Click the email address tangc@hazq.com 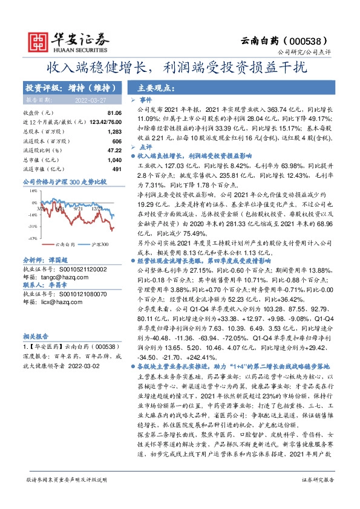[62, 277]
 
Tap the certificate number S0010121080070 [74, 294]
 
